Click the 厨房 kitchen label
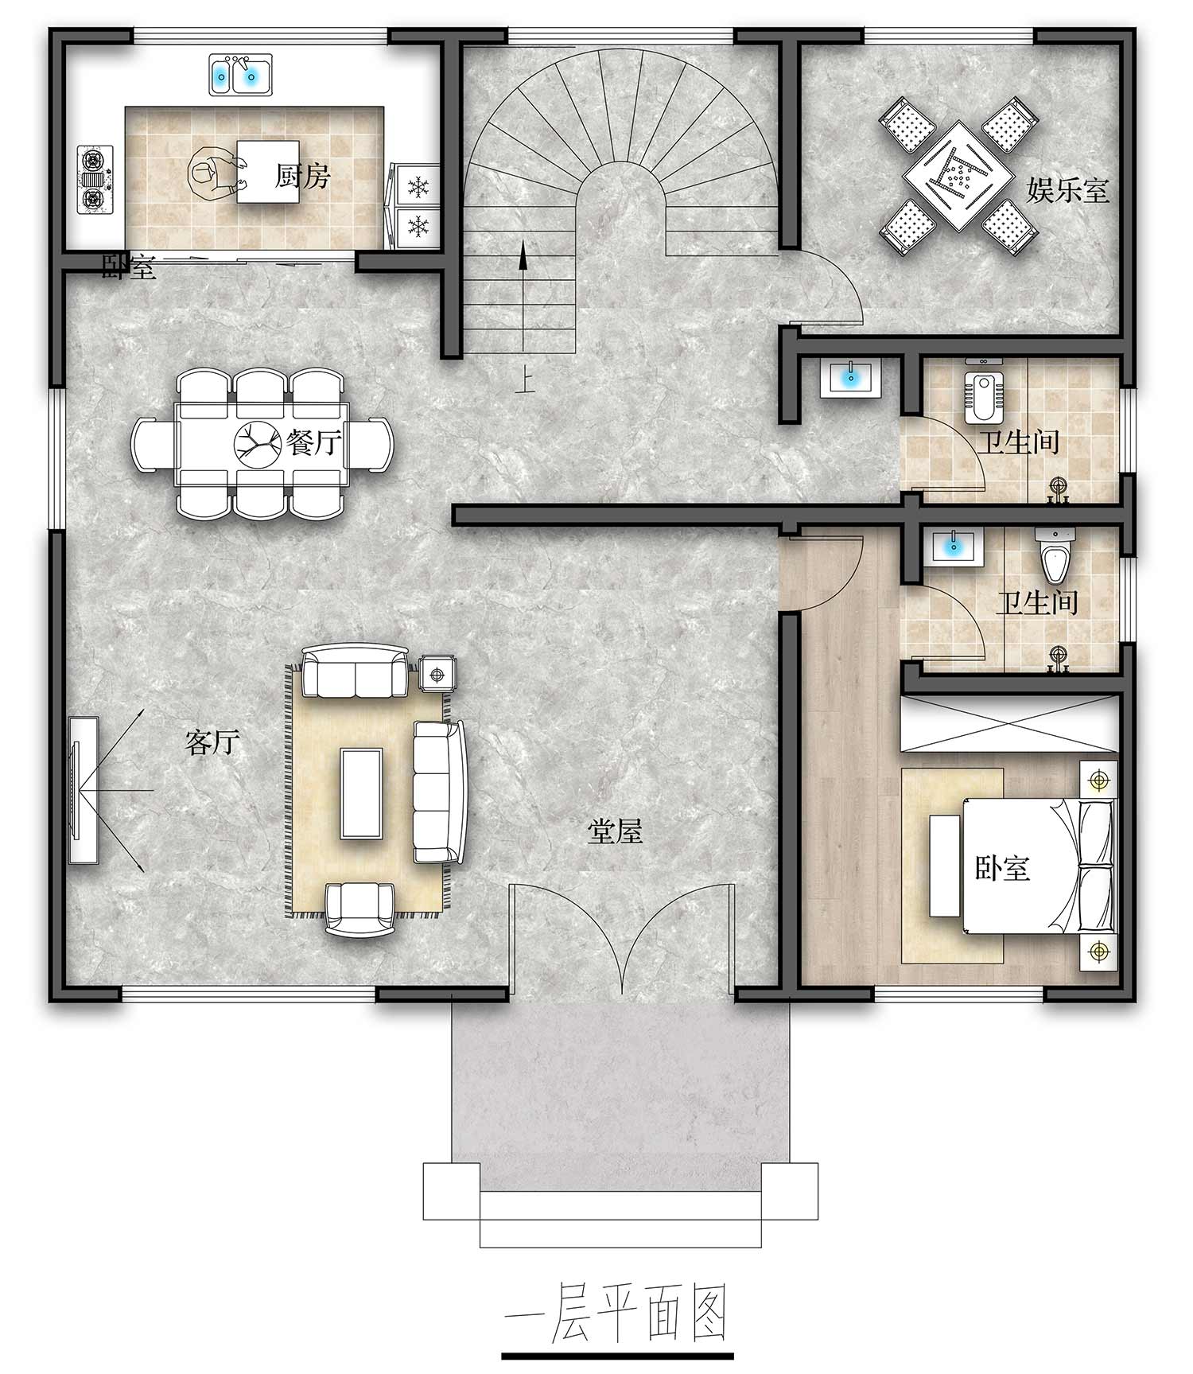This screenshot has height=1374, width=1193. click(x=302, y=175)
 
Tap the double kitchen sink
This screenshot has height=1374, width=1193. click(x=240, y=75)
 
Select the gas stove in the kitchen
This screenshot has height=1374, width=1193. click(x=95, y=179)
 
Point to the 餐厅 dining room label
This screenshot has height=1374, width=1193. click(x=315, y=442)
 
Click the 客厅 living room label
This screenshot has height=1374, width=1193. click(x=212, y=742)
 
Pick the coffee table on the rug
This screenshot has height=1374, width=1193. click(x=362, y=792)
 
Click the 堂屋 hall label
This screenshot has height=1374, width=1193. click(x=615, y=832)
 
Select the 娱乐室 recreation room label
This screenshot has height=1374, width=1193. click(x=1067, y=190)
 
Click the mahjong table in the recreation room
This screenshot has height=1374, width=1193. click(x=958, y=175)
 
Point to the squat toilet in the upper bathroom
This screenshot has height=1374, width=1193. click(x=983, y=395)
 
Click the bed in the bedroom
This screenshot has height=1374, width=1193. click(x=1039, y=866)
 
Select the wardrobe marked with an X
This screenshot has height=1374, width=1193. click(x=1010, y=722)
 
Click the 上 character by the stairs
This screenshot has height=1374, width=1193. click(x=523, y=382)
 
